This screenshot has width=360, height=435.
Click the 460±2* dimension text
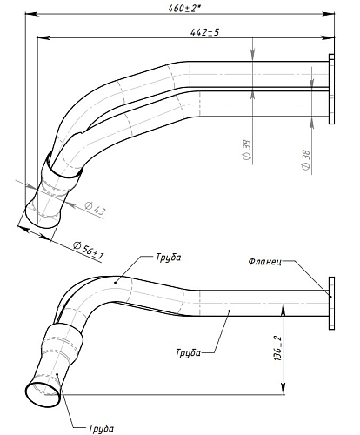(184, 8)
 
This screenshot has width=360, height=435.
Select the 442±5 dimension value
(204, 32)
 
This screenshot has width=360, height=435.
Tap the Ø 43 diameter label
(95, 209)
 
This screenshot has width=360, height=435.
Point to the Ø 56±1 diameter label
(89, 251)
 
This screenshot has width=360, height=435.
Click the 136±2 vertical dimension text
(277, 348)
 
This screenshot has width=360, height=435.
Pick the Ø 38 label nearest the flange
(306, 160)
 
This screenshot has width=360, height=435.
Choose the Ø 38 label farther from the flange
(247, 150)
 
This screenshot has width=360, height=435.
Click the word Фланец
(264, 262)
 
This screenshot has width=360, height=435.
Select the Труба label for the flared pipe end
(101, 428)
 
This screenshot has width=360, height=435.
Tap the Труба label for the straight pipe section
(188, 352)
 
